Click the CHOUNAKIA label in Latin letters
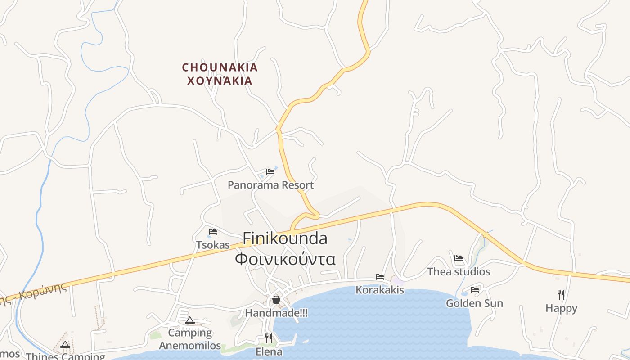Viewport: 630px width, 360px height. tap(220, 67)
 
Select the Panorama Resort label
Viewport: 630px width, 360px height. tap(270, 185)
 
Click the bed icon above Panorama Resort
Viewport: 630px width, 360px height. tap(270, 171)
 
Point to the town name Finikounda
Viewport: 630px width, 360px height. tap(285, 238)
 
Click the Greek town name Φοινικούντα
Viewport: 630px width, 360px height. tap(285, 259)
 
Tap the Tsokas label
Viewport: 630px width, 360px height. tap(213, 245)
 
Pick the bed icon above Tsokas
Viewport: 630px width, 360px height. tap(213, 232)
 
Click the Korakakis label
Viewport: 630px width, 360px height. tap(380, 290)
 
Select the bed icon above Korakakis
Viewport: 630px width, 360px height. tap(380, 276)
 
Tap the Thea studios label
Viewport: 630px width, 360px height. tap(459, 272)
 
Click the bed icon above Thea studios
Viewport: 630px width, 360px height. tap(459, 258)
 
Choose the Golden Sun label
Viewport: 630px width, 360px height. tap(474, 303)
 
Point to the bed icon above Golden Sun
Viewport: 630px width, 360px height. tap(474, 290)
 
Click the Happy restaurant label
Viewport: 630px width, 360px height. tap(561, 308)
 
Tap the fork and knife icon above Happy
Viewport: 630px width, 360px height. tap(561, 295)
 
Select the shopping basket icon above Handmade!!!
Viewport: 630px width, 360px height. tap(276, 300)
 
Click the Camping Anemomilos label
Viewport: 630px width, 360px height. tap(190, 339)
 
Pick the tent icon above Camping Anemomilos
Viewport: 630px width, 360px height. tap(190, 320)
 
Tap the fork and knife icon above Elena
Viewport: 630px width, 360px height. tap(269, 338)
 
